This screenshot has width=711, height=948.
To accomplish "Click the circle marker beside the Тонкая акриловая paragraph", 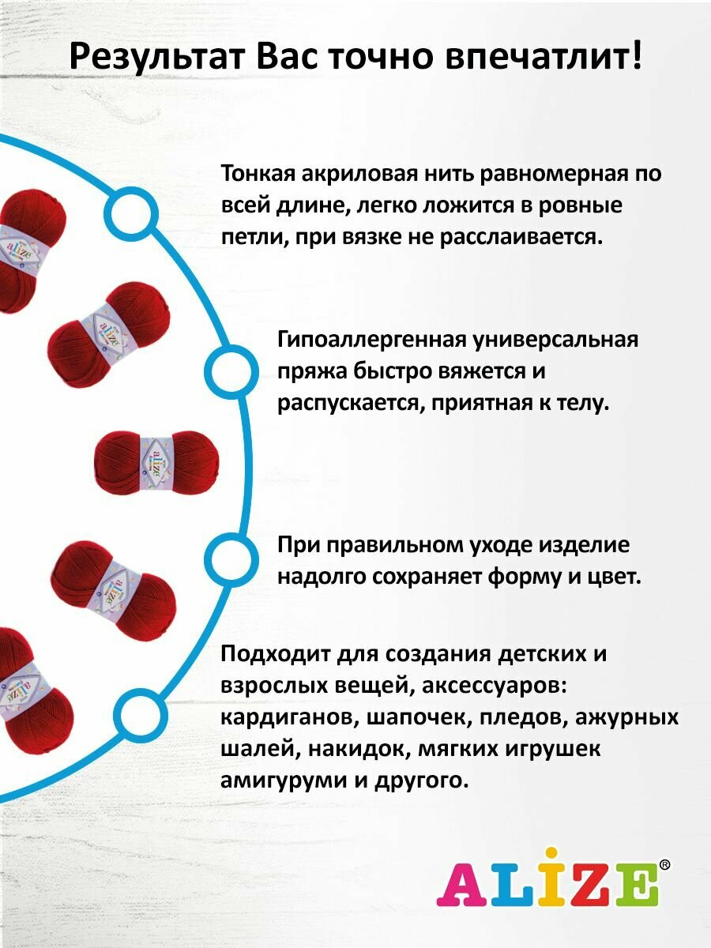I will pos(130,213).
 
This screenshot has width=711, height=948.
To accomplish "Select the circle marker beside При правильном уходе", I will pos(230,561).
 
